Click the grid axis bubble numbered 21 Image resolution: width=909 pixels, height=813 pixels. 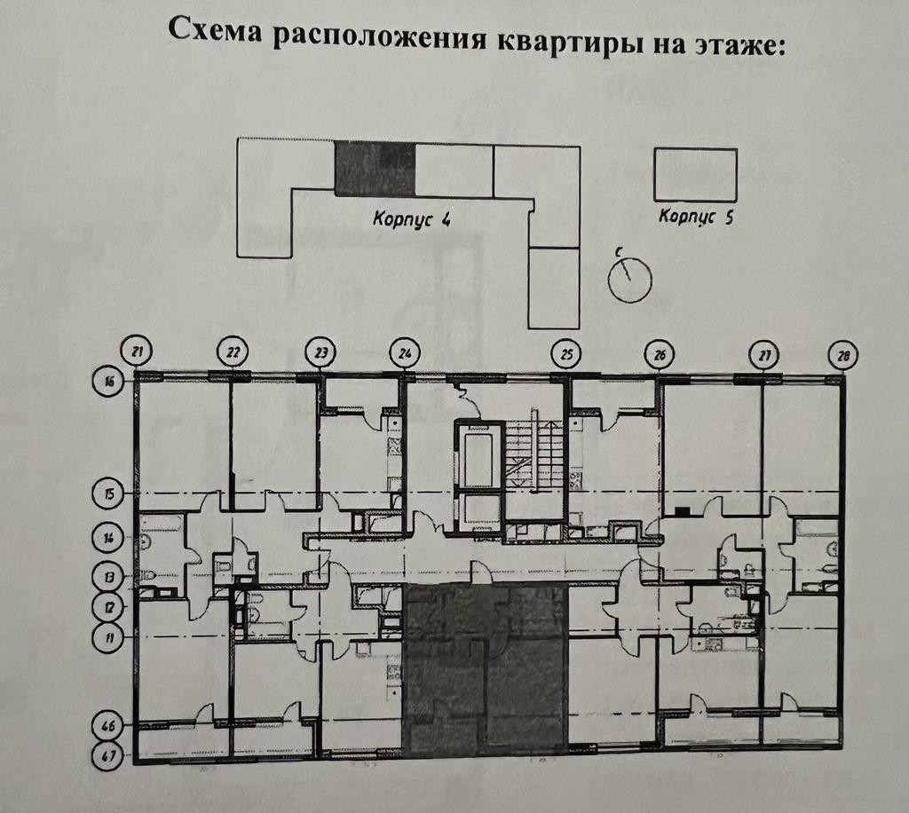tap(137, 351)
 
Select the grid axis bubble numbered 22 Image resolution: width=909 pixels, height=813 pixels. tap(233, 351)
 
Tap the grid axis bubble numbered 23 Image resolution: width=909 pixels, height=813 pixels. tap(320, 352)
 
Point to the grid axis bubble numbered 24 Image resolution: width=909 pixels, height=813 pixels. tap(404, 352)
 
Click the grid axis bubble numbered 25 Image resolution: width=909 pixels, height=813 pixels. tap(565, 354)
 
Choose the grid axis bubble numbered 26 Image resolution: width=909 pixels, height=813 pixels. tap(659, 355)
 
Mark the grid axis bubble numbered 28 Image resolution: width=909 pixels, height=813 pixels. tap(842, 356)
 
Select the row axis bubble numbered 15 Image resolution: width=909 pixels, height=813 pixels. tap(108, 493)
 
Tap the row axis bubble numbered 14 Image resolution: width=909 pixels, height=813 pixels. tap(108, 537)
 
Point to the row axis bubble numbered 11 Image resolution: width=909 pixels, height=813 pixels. tap(108, 636)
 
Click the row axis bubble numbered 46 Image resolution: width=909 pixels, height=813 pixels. tap(108, 726)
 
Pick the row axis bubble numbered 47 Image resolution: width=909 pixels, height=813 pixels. tap(108, 757)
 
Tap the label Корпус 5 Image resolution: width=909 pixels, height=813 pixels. tap(695, 217)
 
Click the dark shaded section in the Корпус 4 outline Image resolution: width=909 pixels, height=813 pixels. tap(375, 169)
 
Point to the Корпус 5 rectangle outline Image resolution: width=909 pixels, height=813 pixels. tap(695, 175)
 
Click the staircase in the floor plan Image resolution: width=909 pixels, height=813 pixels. tap(534, 448)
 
